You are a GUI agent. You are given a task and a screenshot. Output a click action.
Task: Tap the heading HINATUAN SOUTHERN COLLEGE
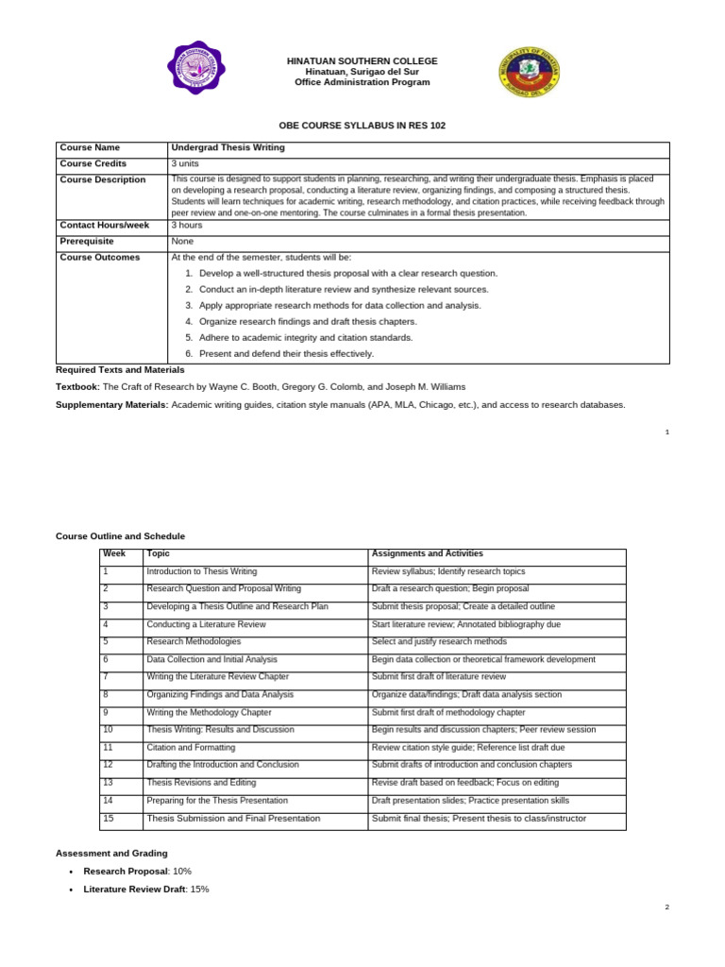(x=362, y=60)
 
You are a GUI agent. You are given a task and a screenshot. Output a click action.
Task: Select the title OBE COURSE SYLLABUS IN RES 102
(x=362, y=125)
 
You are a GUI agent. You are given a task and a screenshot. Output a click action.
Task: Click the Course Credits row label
(x=93, y=163)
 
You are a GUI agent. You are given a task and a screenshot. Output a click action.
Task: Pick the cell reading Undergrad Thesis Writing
(x=228, y=147)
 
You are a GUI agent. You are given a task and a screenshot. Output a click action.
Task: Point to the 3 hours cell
(x=186, y=226)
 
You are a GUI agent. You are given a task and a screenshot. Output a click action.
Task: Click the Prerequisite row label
(x=87, y=241)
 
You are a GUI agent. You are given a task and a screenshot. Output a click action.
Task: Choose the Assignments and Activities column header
(x=427, y=553)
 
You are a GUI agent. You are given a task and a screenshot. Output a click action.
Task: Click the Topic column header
(x=158, y=553)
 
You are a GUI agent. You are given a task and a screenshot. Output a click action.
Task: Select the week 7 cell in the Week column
(x=107, y=676)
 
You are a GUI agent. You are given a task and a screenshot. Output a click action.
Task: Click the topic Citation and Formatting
(x=191, y=747)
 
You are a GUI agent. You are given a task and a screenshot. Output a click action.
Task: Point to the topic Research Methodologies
(x=194, y=641)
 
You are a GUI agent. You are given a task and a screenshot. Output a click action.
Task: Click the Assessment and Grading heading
(x=111, y=853)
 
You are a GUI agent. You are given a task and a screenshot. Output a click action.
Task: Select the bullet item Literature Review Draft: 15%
(x=145, y=889)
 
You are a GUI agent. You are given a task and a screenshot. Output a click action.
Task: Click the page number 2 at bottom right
(x=666, y=907)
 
